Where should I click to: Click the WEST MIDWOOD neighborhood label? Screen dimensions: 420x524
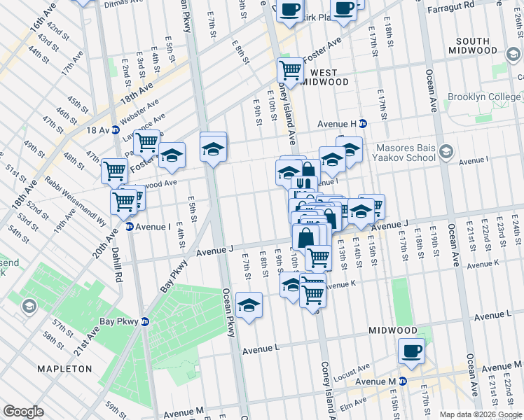[x=324, y=77]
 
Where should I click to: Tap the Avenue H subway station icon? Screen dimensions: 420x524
[x=363, y=124]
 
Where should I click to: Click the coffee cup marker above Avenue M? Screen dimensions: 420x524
[x=411, y=351]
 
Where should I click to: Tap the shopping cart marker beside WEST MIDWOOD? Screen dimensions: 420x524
[x=290, y=70]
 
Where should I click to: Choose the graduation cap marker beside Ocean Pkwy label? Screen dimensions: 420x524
[x=248, y=305]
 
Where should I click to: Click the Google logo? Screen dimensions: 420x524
[x=23, y=412]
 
